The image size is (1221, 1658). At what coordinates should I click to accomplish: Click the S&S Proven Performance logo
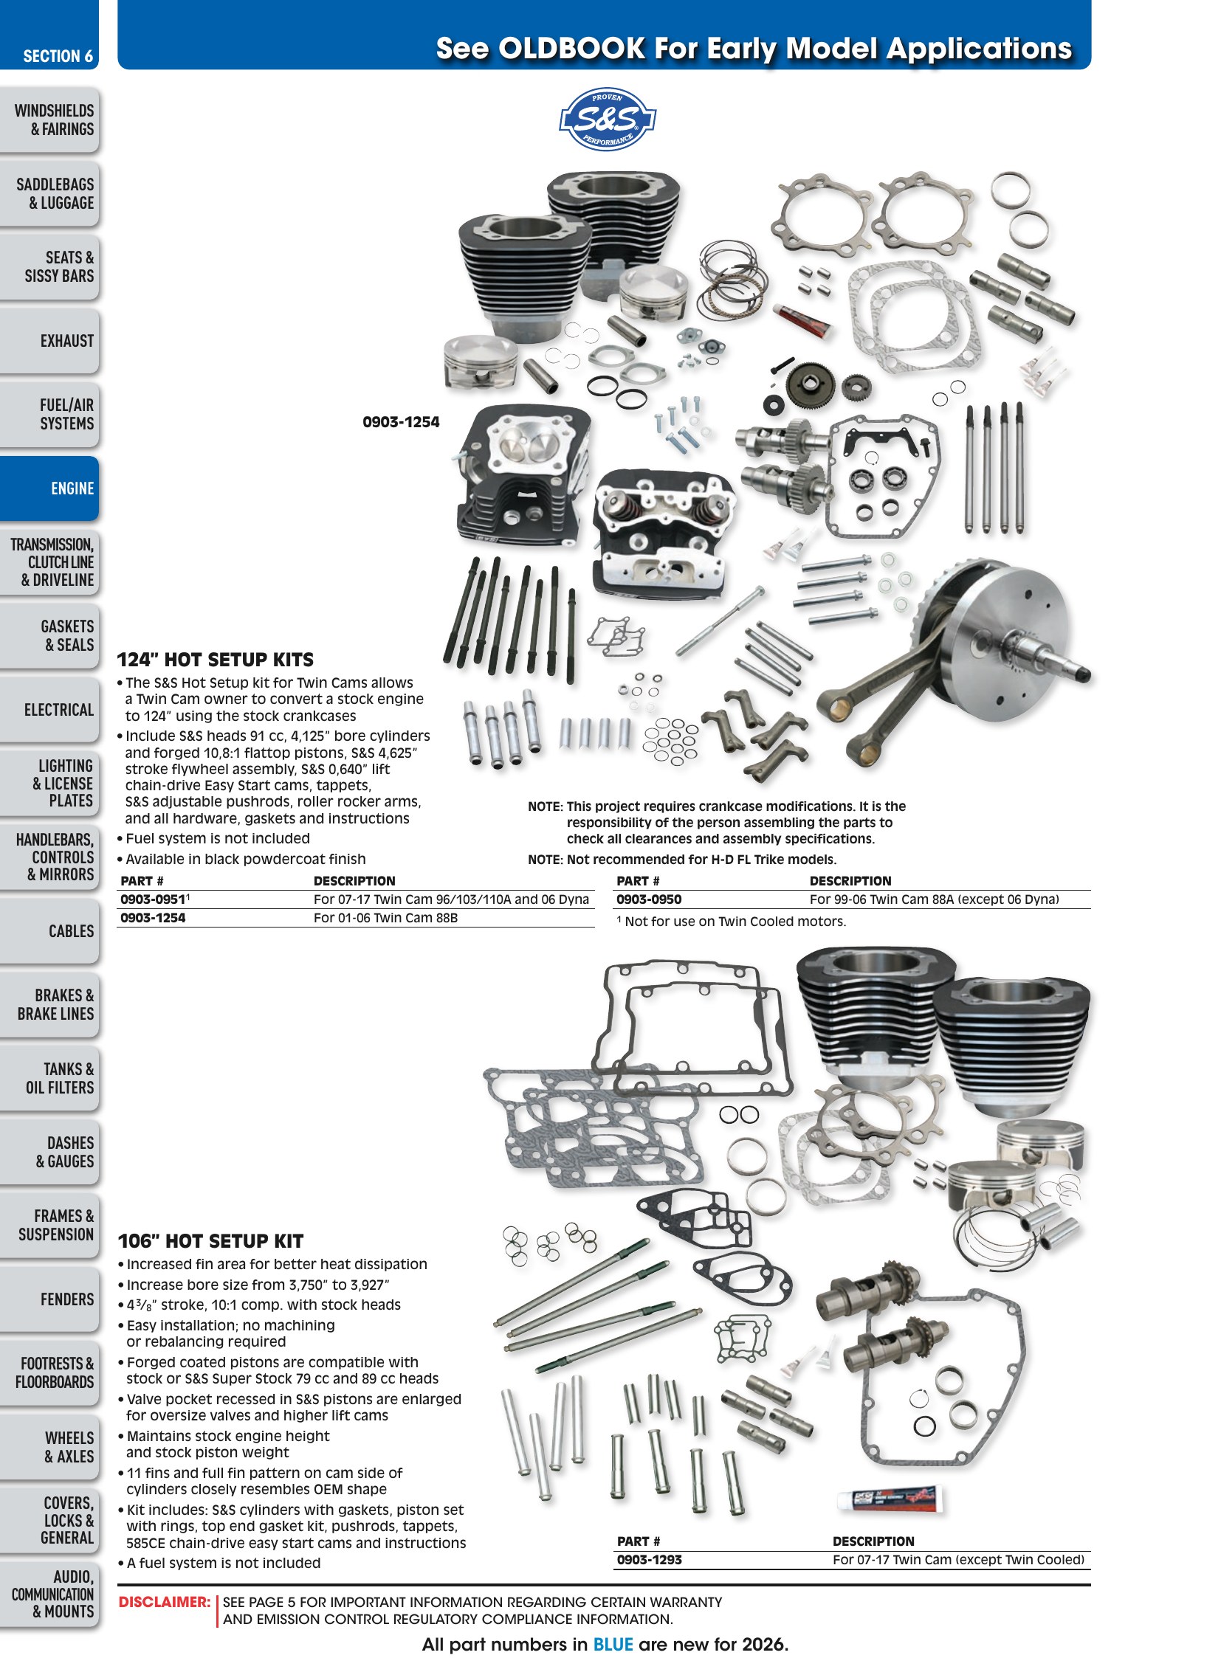point(608,119)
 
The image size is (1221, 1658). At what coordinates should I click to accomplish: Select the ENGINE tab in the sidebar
point(49,488)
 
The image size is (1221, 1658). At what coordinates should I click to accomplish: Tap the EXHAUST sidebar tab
point(49,341)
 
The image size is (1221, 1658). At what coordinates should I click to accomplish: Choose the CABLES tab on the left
point(49,931)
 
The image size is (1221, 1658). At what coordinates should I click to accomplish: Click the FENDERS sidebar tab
point(49,1299)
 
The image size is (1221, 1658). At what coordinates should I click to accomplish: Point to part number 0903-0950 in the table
point(649,899)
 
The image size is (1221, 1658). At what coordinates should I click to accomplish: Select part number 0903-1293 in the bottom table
point(650,1560)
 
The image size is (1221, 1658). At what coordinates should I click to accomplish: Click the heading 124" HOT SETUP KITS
point(216,660)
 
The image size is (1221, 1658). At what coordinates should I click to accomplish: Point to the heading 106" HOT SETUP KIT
point(211,1241)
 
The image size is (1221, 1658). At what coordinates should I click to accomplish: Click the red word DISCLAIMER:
point(165,1602)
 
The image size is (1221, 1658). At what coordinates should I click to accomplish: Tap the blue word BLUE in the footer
point(613,1644)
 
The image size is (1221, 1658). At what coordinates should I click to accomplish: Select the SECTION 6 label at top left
point(58,56)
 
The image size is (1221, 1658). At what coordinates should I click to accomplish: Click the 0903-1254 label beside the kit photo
point(401,422)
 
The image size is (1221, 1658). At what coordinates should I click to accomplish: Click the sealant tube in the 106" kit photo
point(890,1499)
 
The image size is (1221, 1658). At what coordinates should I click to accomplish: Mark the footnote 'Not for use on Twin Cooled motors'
point(732,922)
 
